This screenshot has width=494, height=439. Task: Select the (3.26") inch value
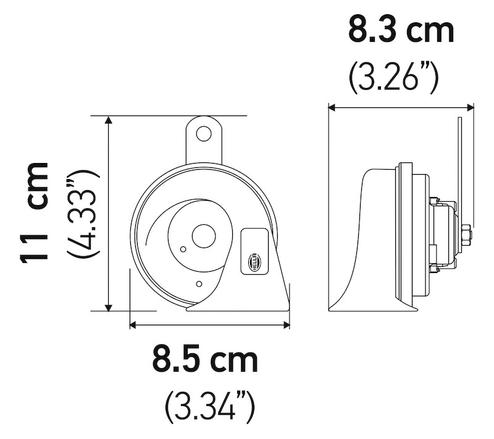point(393,77)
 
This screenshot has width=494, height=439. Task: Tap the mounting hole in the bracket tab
point(204,133)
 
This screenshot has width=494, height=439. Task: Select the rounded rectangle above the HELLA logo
point(254,240)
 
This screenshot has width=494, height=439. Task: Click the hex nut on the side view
point(465,235)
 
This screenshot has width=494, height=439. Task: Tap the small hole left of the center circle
point(183,249)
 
